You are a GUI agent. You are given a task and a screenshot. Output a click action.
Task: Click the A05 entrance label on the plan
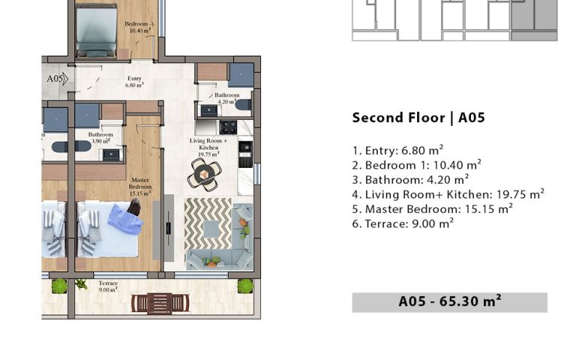pos(55,79)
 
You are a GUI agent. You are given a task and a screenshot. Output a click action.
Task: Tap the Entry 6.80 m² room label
pos(134,82)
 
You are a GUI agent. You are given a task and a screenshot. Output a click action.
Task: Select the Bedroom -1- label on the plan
pos(140,27)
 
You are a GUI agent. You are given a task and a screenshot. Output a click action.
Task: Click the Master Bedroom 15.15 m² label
pos(140,187)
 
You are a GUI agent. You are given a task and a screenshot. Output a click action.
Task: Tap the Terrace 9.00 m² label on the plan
pos(108,286)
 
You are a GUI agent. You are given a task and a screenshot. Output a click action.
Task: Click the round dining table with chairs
pos(204,175)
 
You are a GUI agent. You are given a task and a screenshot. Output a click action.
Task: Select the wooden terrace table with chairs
pos(160,303)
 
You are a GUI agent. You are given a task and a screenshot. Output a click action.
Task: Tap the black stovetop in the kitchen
pos(228,127)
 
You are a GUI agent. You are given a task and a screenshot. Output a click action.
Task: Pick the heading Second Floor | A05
pos(418,118)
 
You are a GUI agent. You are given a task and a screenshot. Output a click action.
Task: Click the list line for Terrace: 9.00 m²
pos(403,223)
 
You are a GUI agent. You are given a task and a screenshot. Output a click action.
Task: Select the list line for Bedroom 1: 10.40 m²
pos(417,165)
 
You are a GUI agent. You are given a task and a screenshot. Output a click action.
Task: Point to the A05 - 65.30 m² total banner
pos(449,302)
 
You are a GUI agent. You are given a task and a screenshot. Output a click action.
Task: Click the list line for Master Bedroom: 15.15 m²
pos(433,209)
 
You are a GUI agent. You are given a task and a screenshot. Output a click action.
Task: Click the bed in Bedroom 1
pos(96,31)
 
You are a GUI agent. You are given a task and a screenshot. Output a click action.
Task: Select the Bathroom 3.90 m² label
pos(100,138)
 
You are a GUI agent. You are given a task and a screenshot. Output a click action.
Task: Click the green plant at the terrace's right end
pos(245,286)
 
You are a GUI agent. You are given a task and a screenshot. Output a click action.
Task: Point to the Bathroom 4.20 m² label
pos(226,98)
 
